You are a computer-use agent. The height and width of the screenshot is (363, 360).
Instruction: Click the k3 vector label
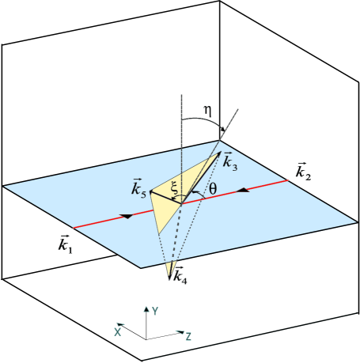coord(229,162)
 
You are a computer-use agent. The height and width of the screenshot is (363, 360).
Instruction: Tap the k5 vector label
coord(138,189)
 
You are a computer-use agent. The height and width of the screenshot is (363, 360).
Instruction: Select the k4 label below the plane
coord(179,276)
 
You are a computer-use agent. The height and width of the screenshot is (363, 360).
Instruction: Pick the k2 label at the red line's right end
coord(302,171)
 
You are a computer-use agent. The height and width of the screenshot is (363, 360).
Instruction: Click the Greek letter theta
coord(212,189)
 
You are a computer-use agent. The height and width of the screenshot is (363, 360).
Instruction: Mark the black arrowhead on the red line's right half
coord(244,191)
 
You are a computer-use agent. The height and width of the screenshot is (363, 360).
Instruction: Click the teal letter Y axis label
coord(155,311)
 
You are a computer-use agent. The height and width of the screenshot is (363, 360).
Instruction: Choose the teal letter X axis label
coord(118,331)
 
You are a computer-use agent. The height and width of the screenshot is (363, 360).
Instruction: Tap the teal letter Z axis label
coord(188,336)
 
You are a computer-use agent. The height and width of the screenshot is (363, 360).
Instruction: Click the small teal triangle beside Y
coord(146,309)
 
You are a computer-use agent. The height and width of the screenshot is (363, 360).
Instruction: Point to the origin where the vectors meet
coord(182,203)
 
